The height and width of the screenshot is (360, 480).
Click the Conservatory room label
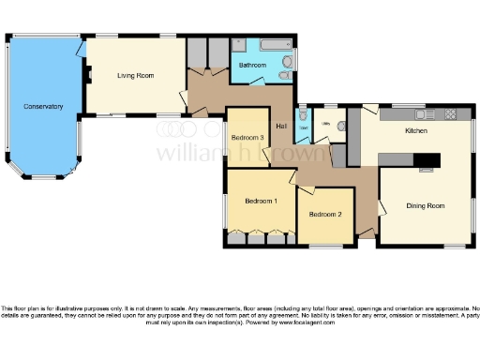tap(43, 107)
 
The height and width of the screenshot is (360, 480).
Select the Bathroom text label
tap(252, 66)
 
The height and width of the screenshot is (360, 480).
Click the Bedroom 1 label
tap(261, 201)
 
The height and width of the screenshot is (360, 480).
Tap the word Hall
tap(281, 126)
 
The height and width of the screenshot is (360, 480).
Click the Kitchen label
tap(416, 131)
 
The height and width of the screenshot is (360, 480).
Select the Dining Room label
tap(425, 204)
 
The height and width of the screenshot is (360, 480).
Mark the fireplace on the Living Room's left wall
tap(86, 74)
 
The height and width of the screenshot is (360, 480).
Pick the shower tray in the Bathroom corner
tap(240, 46)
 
